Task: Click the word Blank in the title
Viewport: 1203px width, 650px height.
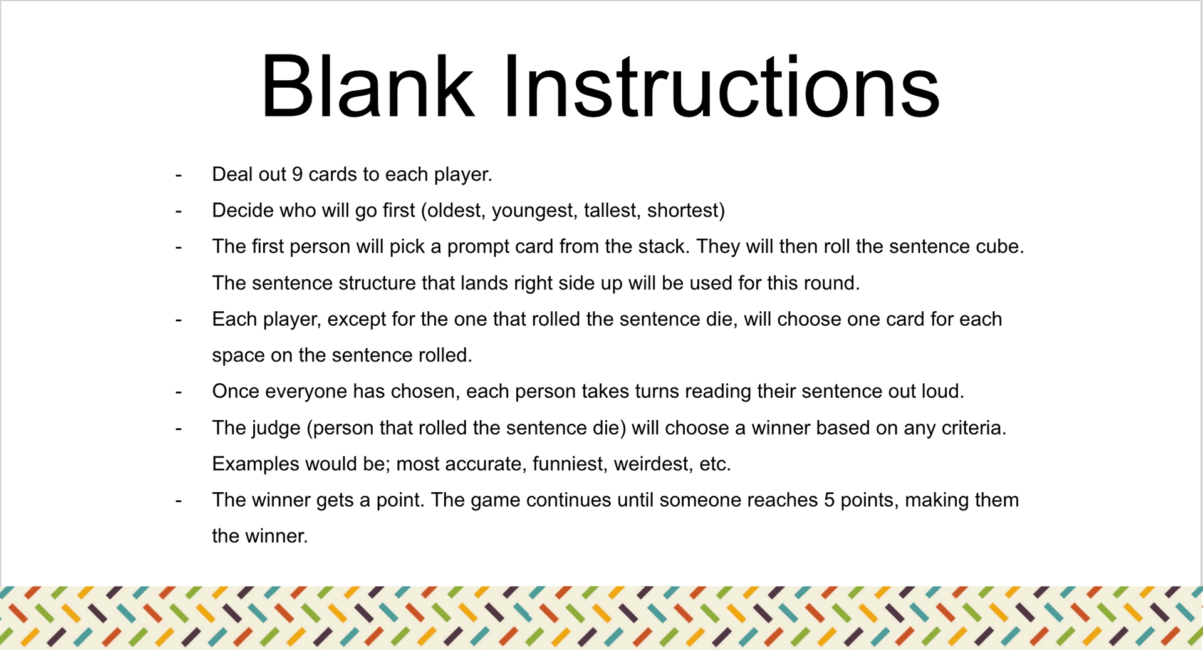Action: [x=367, y=86]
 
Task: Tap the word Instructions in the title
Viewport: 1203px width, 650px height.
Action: [x=721, y=86]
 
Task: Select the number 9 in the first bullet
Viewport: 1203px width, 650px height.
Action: [x=297, y=174]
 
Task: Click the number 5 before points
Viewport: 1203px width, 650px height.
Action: [x=829, y=500]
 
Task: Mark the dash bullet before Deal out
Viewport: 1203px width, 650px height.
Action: [x=179, y=175]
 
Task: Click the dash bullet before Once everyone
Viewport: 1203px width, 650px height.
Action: [x=179, y=392]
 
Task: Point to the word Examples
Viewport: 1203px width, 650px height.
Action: [x=256, y=464]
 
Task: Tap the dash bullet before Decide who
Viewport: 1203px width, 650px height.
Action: [x=179, y=211]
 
